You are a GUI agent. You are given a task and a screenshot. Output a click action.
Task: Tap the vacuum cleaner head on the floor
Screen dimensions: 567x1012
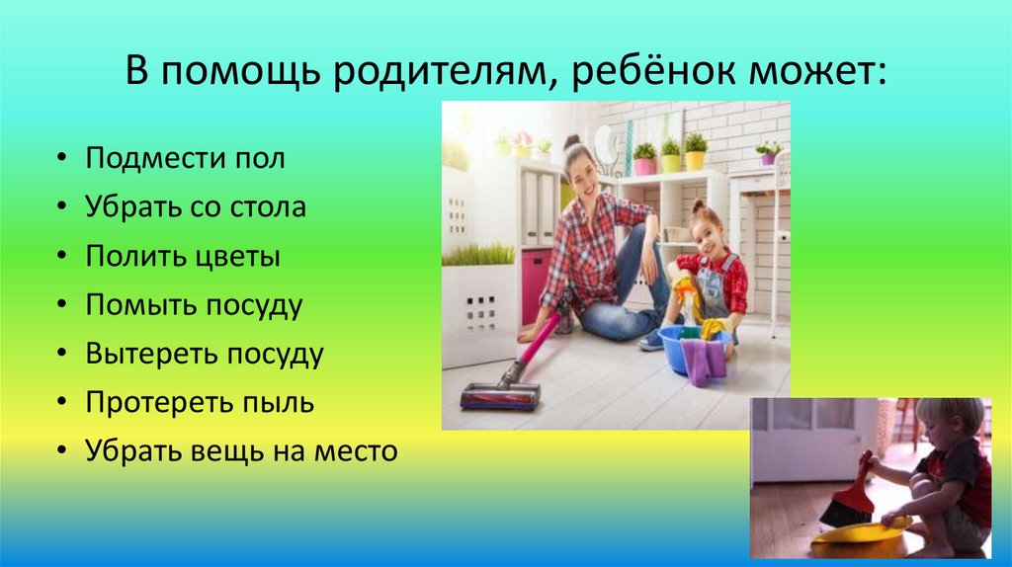(501, 396)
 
